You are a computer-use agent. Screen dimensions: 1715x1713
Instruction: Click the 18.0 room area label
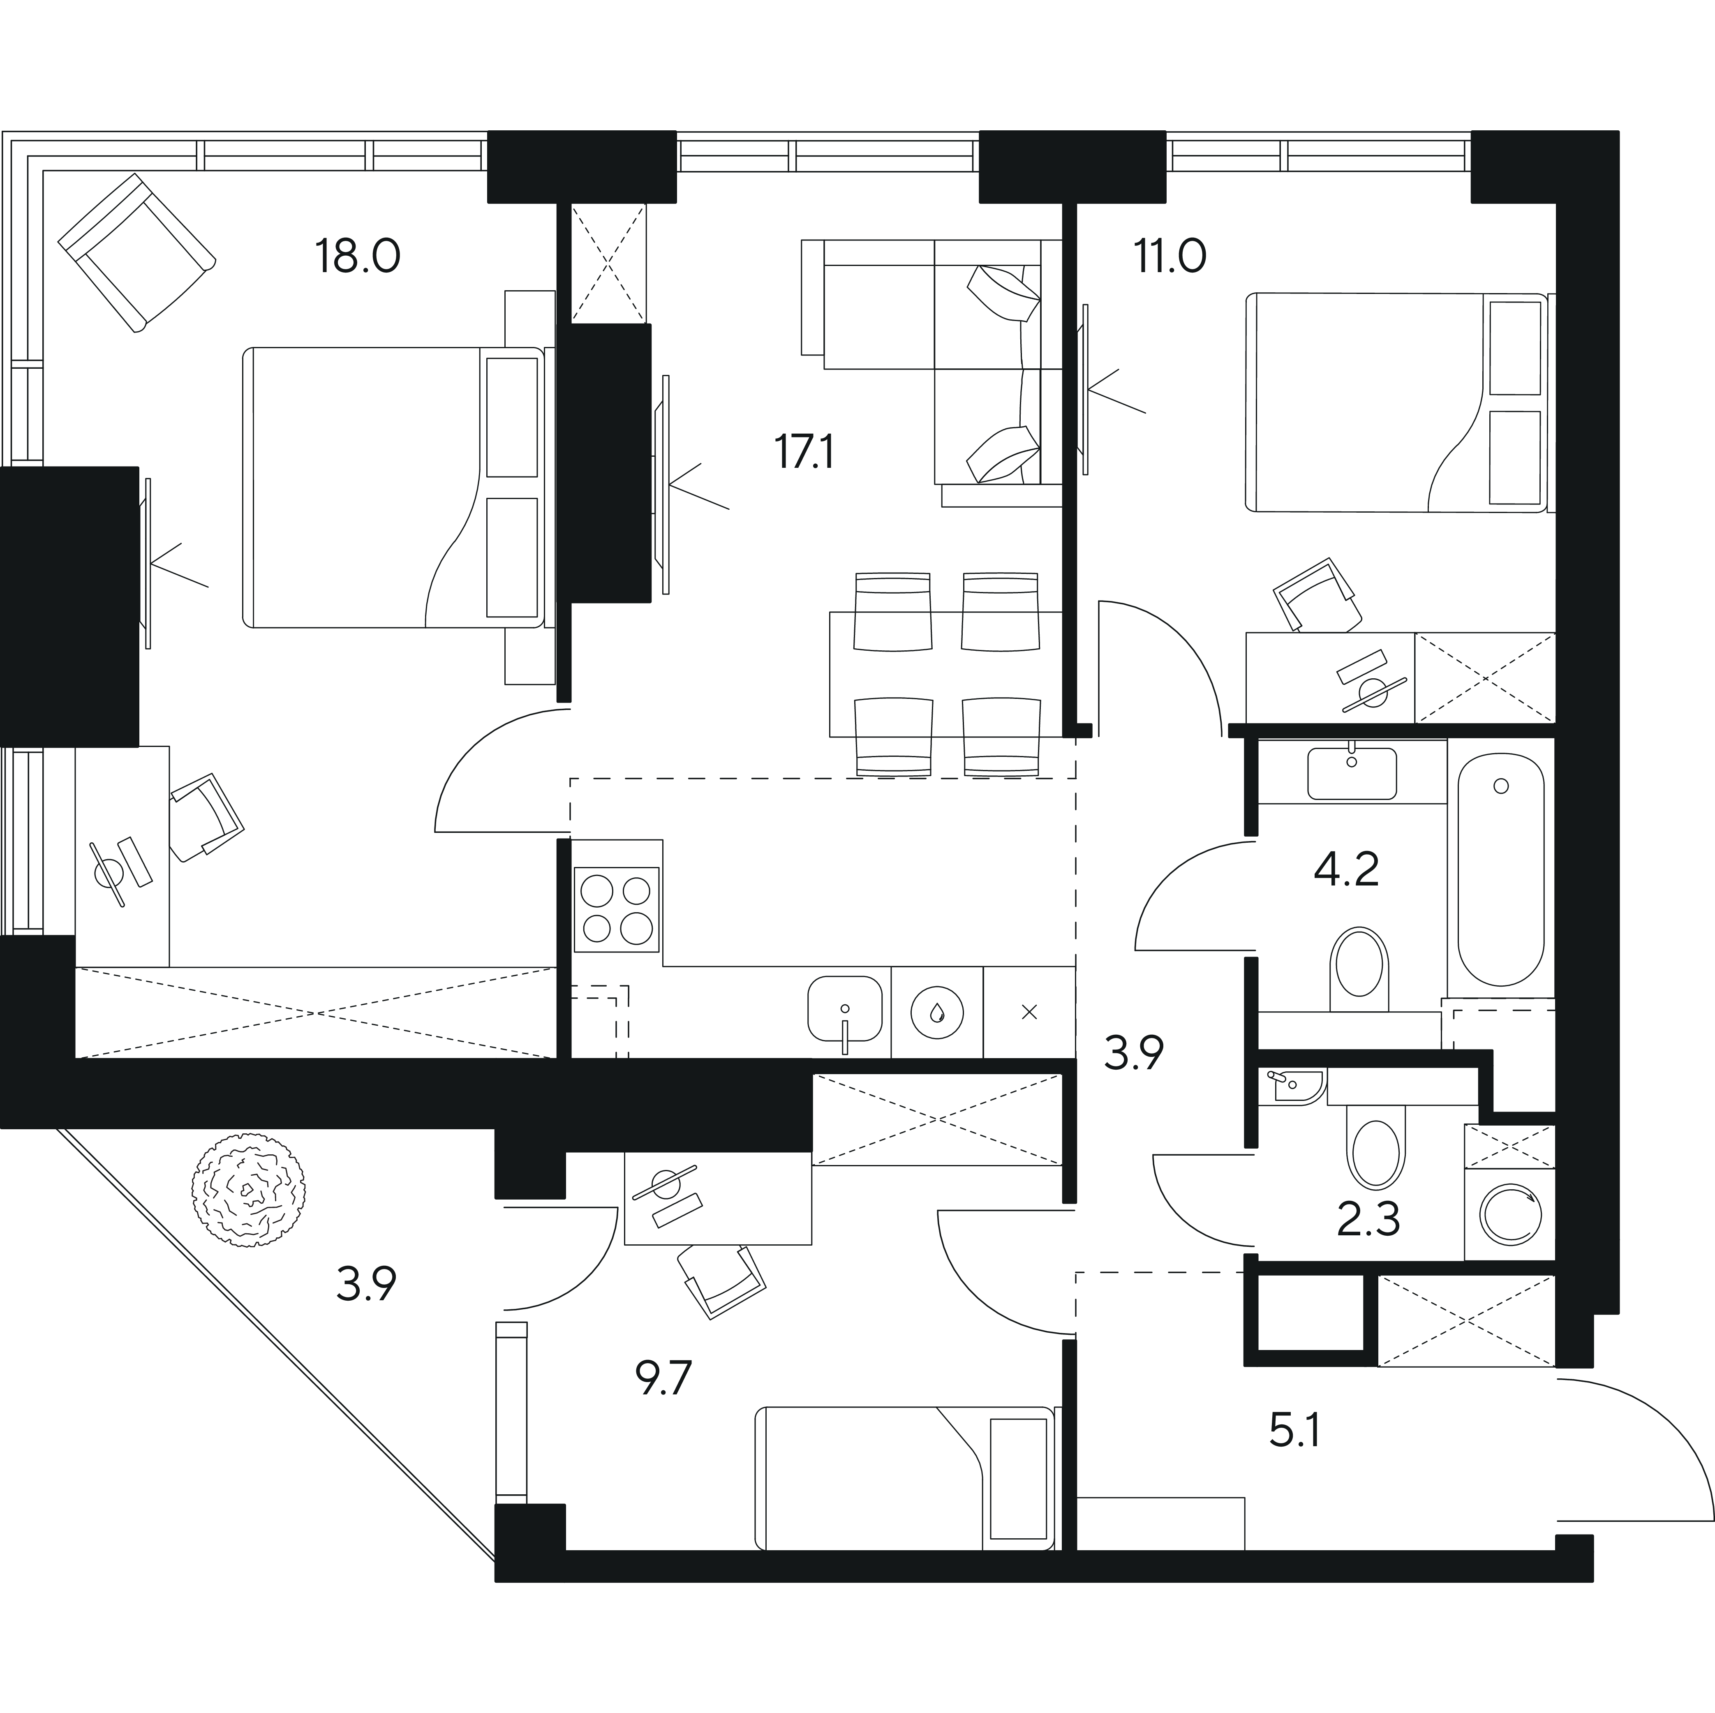(x=358, y=257)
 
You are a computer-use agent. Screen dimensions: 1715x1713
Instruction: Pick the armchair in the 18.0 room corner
(x=138, y=253)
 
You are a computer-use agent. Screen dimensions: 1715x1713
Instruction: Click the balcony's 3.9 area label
(x=366, y=1284)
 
